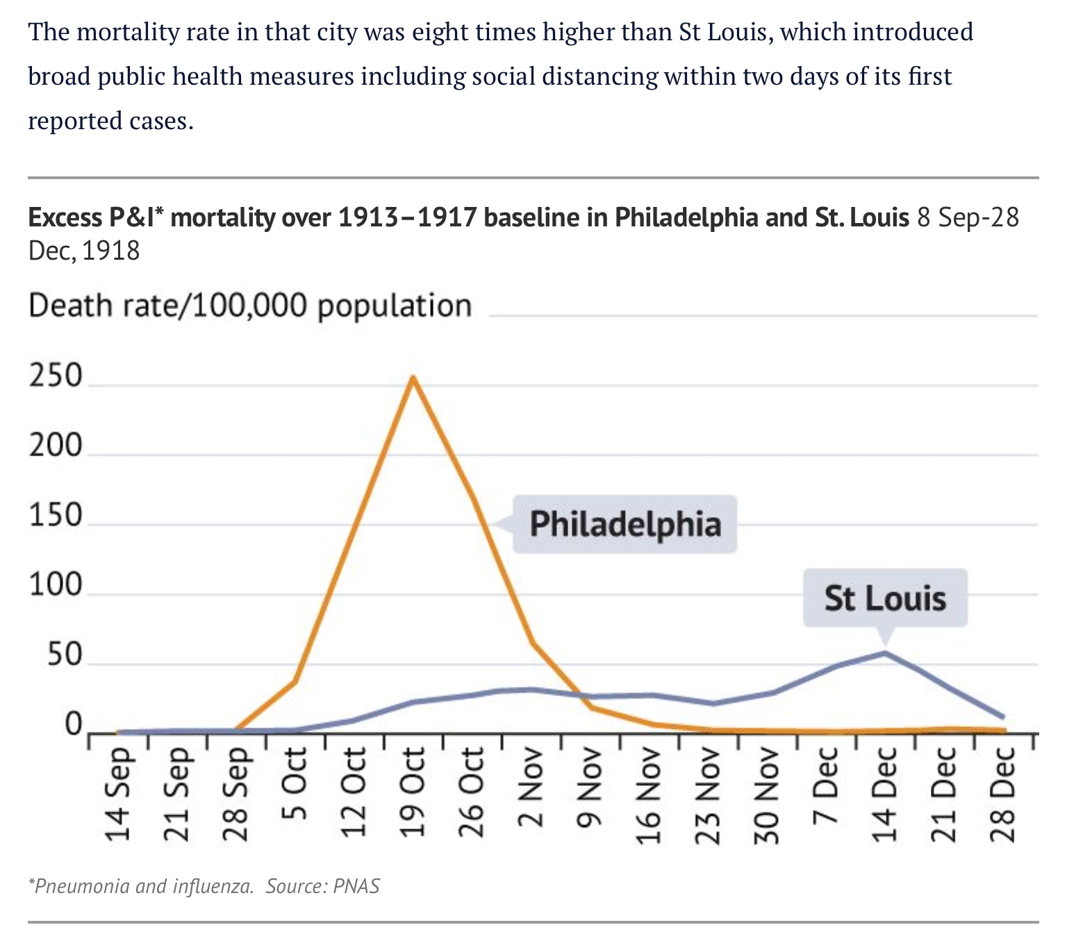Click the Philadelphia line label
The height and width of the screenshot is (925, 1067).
(x=625, y=524)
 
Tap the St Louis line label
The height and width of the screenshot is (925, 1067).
(x=885, y=598)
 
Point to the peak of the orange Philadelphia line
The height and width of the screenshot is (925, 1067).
(x=413, y=378)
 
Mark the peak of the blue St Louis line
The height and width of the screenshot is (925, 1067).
(x=885, y=653)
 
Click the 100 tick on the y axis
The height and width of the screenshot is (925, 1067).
(x=56, y=585)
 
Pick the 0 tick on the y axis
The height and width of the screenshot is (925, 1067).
(x=73, y=725)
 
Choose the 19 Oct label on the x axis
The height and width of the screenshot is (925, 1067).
(x=413, y=794)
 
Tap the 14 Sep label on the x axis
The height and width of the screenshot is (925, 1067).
(x=118, y=794)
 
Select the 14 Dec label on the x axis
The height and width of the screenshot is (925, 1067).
(x=885, y=794)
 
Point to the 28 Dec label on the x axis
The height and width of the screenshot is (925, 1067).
(x=1003, y=794)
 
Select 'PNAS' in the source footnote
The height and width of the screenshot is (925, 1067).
(x=356, y=886)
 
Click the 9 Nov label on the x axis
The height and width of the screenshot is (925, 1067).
(x=590, y=787)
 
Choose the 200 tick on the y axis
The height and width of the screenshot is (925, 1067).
(x=56, y=446)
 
